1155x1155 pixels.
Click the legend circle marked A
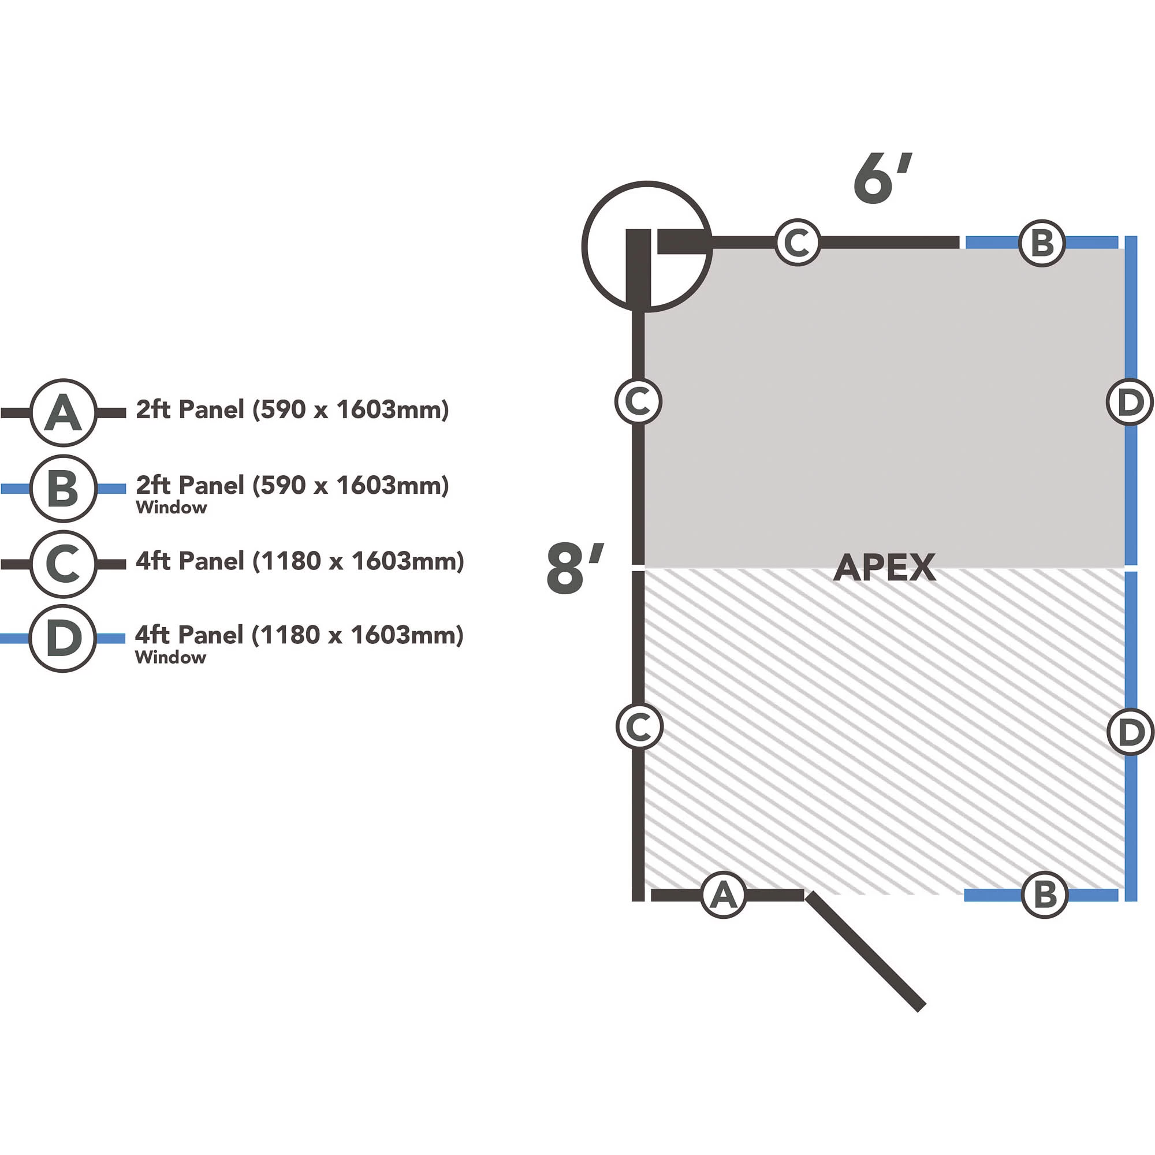(x=64, y=412)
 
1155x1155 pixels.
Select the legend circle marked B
(x=64, y=489)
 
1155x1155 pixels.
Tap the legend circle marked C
(x=64, y=564)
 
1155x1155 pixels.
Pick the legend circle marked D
(x=63, y=638)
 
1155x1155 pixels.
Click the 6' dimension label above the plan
(x=881, y=178)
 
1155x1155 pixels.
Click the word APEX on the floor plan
(x=884, y=567)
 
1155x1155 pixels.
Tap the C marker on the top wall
(x=798, y=243)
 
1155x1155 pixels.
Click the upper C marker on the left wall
(x=638, y=401)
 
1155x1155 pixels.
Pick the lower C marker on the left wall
(x=639, y=727)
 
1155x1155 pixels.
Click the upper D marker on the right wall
(x=1129, y=402)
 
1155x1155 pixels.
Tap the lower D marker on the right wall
(x=1130, y=732)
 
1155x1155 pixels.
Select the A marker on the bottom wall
(x=724, y=895)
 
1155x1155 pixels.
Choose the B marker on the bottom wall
(x=1044, y=895)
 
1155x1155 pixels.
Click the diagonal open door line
(x=865, y=951)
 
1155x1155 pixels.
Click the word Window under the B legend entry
(x=172, y=508)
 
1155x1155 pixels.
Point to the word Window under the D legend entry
(x=170, y=658)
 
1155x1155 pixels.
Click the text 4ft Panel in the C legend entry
(x=189, y=561)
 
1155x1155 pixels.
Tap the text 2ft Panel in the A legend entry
(x=189, y=409)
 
